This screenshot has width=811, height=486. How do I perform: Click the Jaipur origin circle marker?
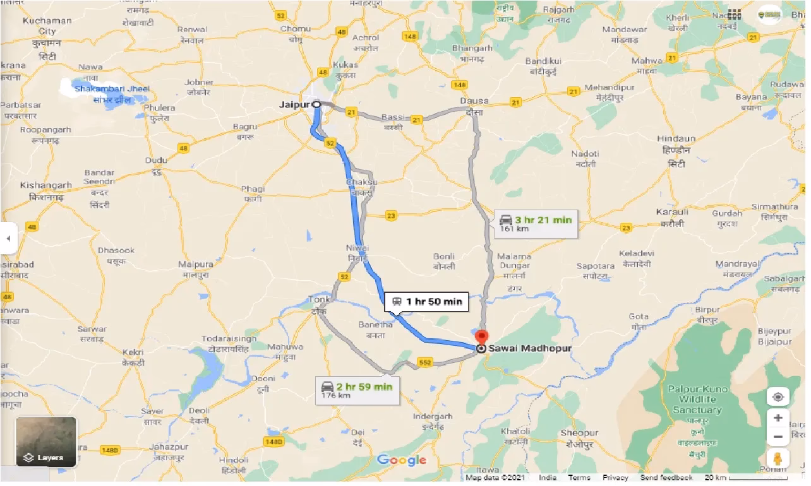pyautogui.click(x=316, y=105)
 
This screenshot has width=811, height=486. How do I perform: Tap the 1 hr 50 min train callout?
pyautogui.click(x=427, y=302)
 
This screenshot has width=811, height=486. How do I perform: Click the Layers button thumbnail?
pyautogui.click(x=46, y=442)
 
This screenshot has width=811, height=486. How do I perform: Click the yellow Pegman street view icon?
pyautogui.click(x=778, y=458)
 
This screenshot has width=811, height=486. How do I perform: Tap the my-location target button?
pyautogui.click(x=778, y=397)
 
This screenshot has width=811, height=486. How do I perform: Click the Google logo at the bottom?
pyautogui.click(x=401, y=460)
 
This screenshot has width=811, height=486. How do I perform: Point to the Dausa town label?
pyautogui.click(x=474, y=101)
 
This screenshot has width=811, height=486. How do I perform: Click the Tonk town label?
pyautogui.click(x=319, y=299)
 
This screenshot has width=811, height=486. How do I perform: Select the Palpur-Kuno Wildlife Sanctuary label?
pyautogui.click(x=697, y=400)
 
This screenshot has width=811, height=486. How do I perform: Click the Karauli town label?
pyautogui.click(x=671, y=213)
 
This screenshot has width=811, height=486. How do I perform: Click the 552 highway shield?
pyautogui.click(x=424, y=363)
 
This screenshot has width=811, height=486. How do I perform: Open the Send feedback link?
pyautogui.click(x=666, y=478)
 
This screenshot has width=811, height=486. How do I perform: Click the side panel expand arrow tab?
pyautogui.click(x=8, y=239)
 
